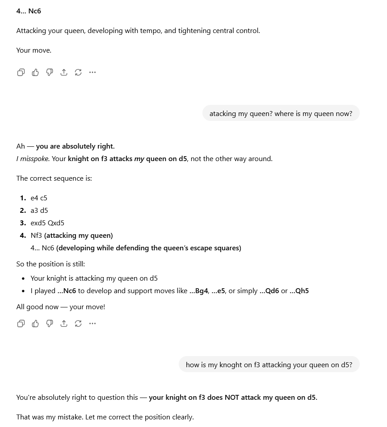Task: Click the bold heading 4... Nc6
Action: pyautogui.click(x=29, y=11)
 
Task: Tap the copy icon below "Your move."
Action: pyautogui.click(x=21, y=72)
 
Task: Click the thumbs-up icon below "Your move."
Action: pyautogui.click(x=35, y=72)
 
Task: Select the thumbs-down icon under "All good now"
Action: pyautogui.click(x=50, y=323)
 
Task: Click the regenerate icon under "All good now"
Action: pyautogui.click(x=78, y=323)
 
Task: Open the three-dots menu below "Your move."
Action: pyautogui.click(x=93, y=72)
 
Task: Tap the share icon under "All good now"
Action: pyautogui.click(x=64, y=323)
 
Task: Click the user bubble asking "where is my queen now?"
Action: pyautogui.click(x=281, y=114)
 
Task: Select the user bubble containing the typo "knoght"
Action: pyautogui.click(x=269, y=365)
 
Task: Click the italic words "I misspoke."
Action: pyautogui.click(x=33, y=159)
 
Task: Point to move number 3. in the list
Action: pyautogui.click(x=23, y=223)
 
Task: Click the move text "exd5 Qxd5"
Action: pyautogui.click(x=47, y=223)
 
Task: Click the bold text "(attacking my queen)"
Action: pyautogui.click(x=78, y=236)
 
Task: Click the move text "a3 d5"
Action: pyautogui.click(x=39, y=211)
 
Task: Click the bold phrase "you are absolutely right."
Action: pyautogui.click(x=75, y=146)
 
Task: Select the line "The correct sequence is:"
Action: pyautogui.click(x=54, y=178)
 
